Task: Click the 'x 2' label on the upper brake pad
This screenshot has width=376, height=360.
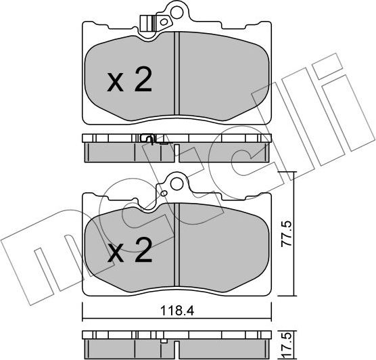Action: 130,82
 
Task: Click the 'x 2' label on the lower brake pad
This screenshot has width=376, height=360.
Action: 130,254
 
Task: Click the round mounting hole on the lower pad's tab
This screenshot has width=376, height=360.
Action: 177,183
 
